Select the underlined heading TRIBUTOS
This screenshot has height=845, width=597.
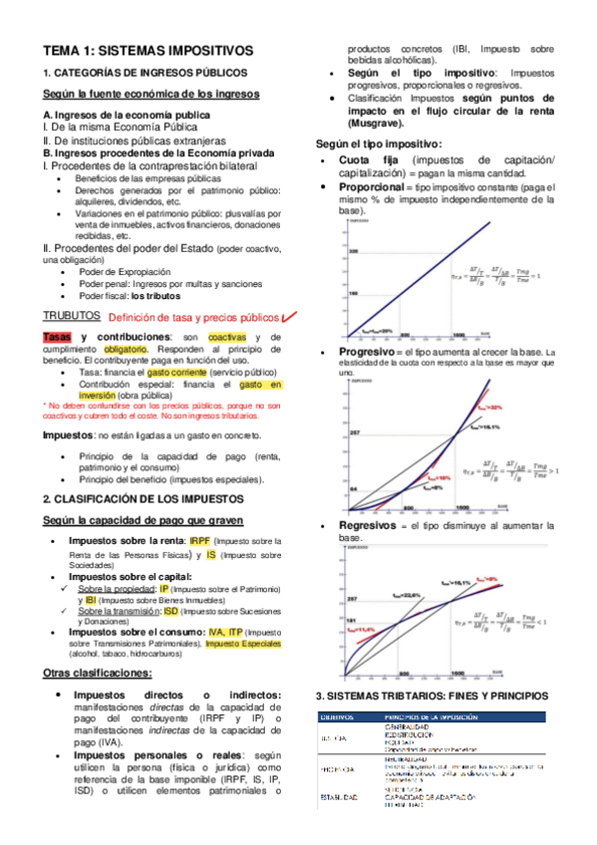coord(71,315)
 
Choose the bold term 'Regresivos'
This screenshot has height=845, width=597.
coord(366,524)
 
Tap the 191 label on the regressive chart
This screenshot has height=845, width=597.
coord(352,619)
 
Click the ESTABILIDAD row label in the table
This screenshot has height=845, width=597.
coord(338,797)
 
